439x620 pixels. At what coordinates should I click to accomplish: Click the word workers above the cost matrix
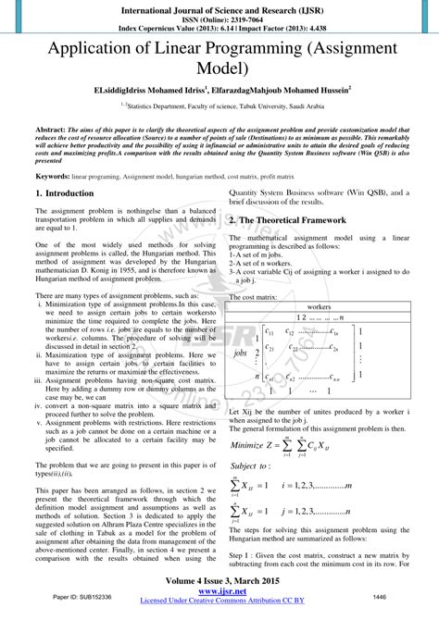pos(320,331)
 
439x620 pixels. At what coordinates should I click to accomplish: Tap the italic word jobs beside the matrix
pos(240,378)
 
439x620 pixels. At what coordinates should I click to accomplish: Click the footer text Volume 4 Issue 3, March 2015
pos(219,581)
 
